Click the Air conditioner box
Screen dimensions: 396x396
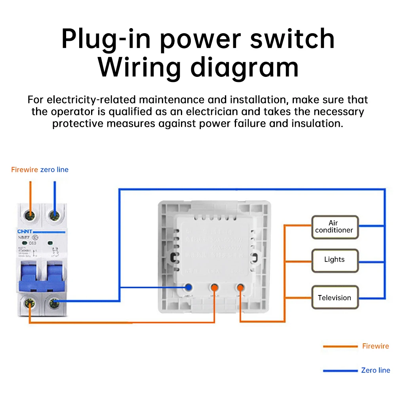click(335, 227)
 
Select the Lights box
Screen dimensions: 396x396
click(335, 260)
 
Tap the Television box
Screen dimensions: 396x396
click(335, 298)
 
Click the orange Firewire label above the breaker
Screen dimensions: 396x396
click(25, 170)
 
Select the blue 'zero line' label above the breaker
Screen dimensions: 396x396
click(54, 170)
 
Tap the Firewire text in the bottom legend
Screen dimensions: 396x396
click(375, 346)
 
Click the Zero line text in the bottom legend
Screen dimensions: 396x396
click(375, 370)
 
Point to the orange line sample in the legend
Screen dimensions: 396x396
click(340, 346)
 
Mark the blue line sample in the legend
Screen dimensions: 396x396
click(340, 371)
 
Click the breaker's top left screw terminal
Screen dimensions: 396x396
click(29, 215)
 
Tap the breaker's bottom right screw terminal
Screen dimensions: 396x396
click(54, 304)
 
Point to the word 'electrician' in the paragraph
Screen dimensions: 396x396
click(230, 111)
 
